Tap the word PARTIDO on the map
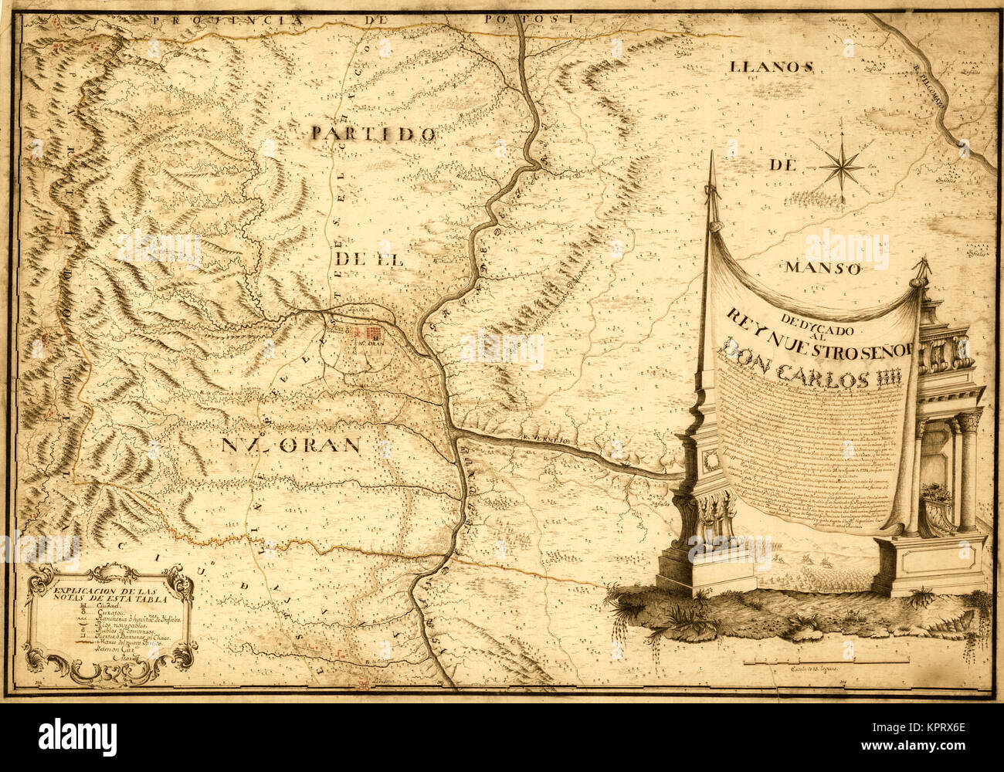click(x=375, y=134)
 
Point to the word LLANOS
click(x=772, y=67)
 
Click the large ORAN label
click(x=292, y=445)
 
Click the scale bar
click(x=825, y=662)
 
